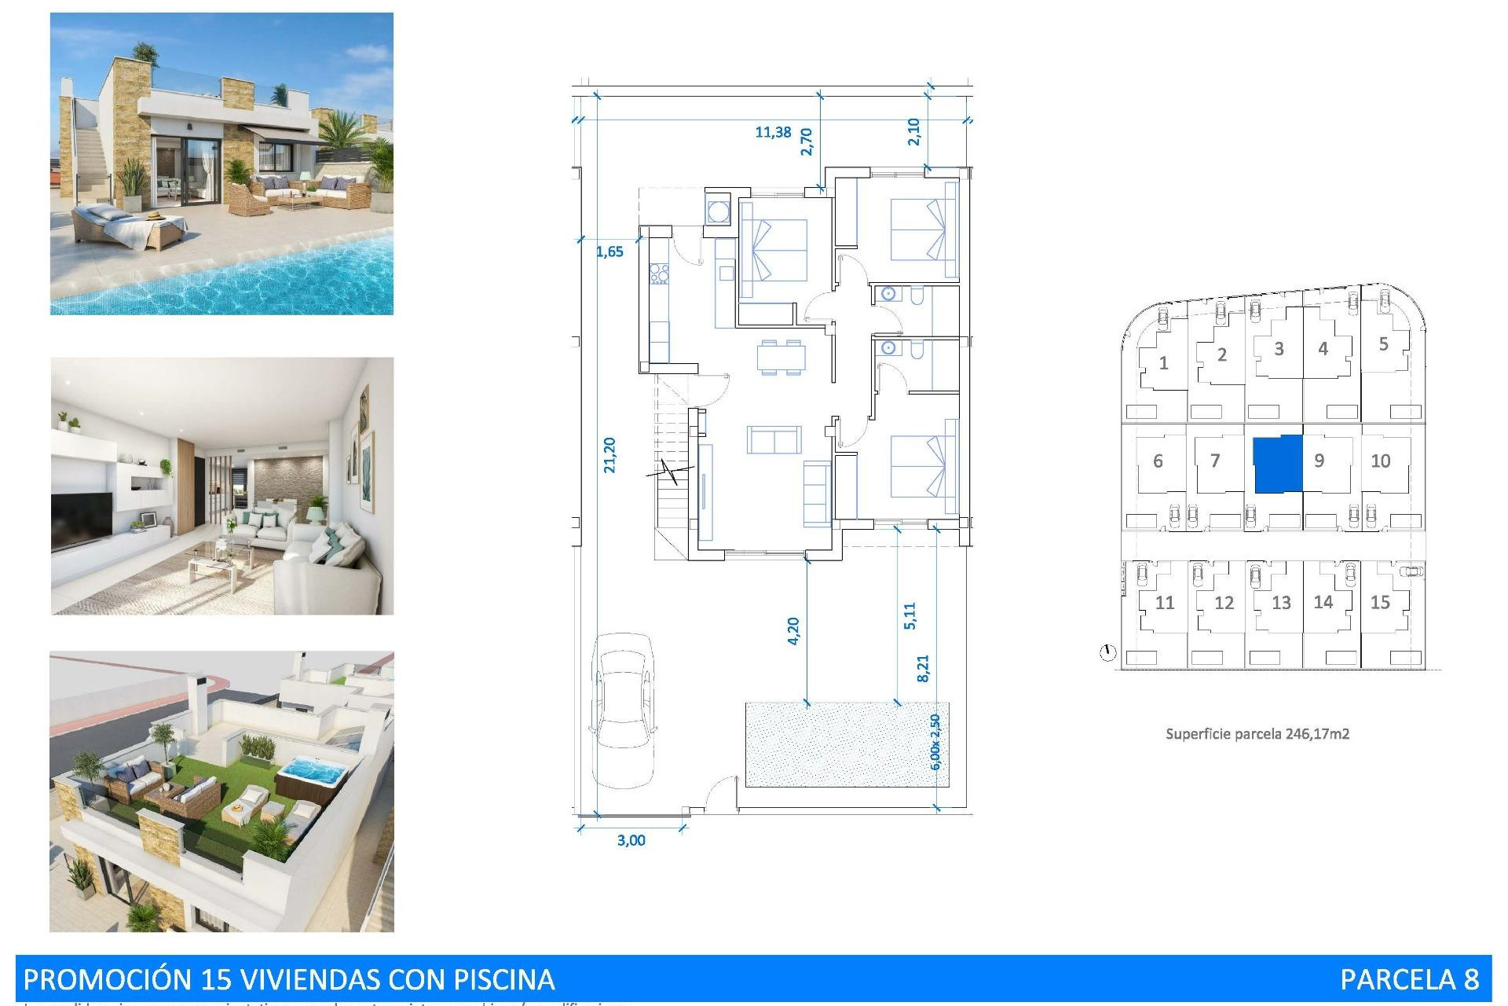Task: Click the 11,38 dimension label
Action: pos(773,132)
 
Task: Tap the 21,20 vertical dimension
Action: pos(609,454)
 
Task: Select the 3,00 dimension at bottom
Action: pos(631,840)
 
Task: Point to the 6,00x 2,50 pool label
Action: pos(935,742)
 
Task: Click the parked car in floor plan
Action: pos(623,710)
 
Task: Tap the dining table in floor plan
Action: pos(781,358)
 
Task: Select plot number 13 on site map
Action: pos(1281,603)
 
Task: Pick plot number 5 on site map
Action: pos(1383,344)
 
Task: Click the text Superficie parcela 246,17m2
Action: pos(1257,734)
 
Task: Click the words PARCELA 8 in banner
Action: pos(1409,979)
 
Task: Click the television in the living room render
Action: pos(82,520)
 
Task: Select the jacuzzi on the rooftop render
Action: pos(312,773)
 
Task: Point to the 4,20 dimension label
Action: pos(793,630)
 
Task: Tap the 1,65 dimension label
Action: pos(609,251)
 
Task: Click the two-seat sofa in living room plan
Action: pos(774,440)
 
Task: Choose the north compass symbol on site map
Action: pos(1107,652)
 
